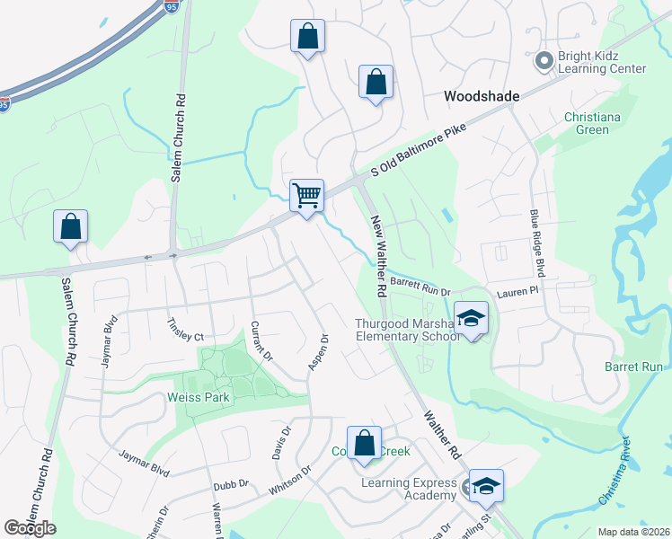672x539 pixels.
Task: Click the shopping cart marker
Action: click(x=307, y=194)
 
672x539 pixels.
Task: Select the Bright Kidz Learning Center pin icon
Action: click(x=544, y=61)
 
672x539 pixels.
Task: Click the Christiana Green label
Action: click(x=587, y=123)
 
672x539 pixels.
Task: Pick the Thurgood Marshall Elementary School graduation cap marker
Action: click(x=471, y=318)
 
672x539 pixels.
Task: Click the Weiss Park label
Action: click(x=199, y=397)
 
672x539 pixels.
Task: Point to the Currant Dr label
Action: click(x=261, y=340)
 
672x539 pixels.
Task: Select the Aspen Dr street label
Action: click(x=320, y=352)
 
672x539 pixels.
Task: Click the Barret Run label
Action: click(x=633, y=367)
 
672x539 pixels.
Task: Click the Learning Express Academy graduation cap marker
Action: click(x=486, y=485)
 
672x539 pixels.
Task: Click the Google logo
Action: click(x=30, y=527)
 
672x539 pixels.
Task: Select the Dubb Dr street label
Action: click(x=231, y=485)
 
